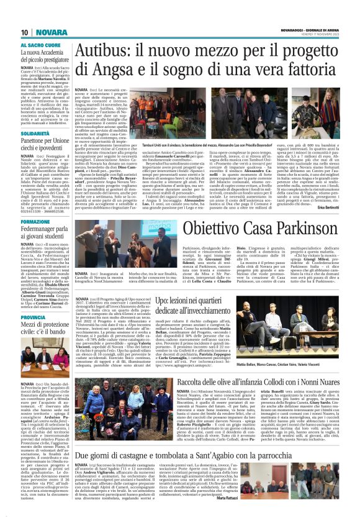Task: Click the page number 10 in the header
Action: coord(24,32)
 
